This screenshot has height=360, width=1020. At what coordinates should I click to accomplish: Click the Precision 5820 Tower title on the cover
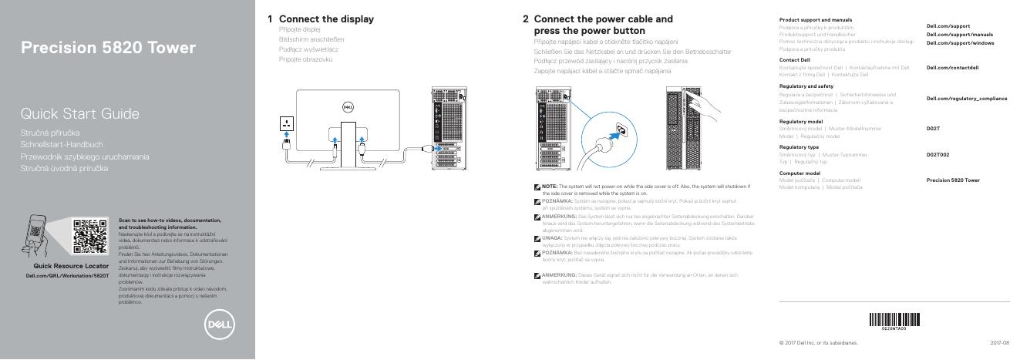coord(108,49)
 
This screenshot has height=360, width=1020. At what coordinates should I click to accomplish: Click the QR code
coord(89,236)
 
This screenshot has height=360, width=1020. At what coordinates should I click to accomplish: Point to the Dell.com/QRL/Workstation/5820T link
coord(68,274)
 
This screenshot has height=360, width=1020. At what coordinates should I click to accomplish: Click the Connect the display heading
coord(326,19)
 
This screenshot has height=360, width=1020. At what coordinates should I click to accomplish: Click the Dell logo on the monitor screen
coord(347,108)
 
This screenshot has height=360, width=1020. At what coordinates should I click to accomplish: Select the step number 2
coord(525,19)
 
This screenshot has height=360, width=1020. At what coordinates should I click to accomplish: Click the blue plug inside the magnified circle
coord(614,135)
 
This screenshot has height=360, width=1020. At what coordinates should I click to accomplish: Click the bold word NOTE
coord(549,187)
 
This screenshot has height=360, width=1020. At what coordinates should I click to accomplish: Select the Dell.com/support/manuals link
coord(959,35)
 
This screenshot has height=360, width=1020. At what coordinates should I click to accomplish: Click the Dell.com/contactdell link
coord(952,68)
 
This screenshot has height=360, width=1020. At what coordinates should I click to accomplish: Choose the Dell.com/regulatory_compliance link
coord(966,98)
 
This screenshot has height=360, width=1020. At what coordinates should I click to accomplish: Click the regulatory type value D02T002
coord(938,155)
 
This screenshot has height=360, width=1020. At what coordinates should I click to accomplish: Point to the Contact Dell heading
coord(794,59)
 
